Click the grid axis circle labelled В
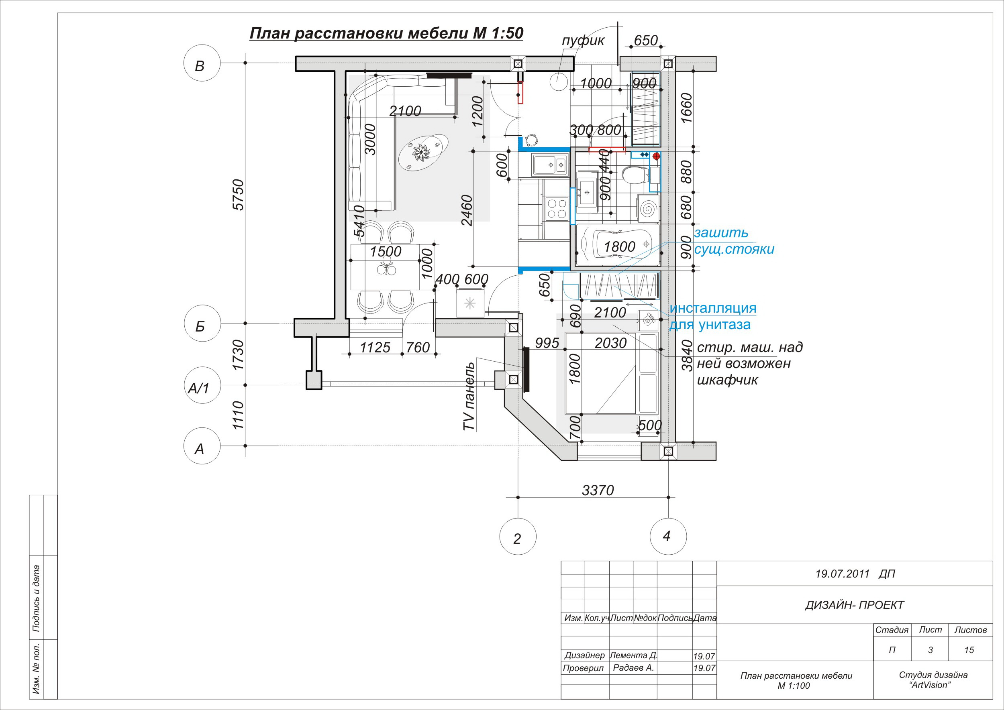click(202, 63)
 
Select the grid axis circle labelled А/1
click(202, 385)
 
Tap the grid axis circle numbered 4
click(668, 537)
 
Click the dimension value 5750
click(238, 195)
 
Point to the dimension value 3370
click(598, 490)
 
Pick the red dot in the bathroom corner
click(656, 156)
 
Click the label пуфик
click(583, 41)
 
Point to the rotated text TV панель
click(469, 396)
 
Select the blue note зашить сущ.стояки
click(734, 241)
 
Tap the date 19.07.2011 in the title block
click(842, 574)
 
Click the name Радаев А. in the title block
click(633, 667)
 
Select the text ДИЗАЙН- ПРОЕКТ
click(854, 605)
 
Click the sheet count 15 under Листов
click(969, 650)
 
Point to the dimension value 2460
click(467, 210)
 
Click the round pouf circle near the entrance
click(559, 82)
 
